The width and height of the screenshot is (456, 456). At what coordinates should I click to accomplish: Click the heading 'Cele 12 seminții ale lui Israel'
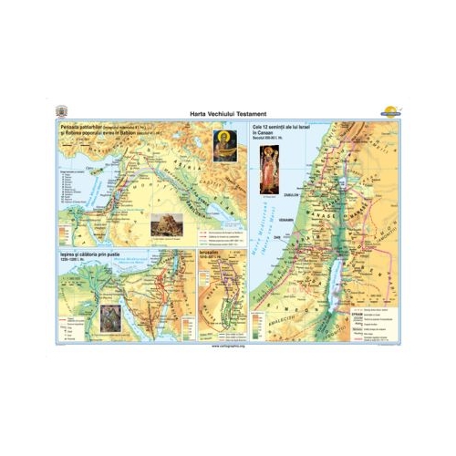coord(282,124)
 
